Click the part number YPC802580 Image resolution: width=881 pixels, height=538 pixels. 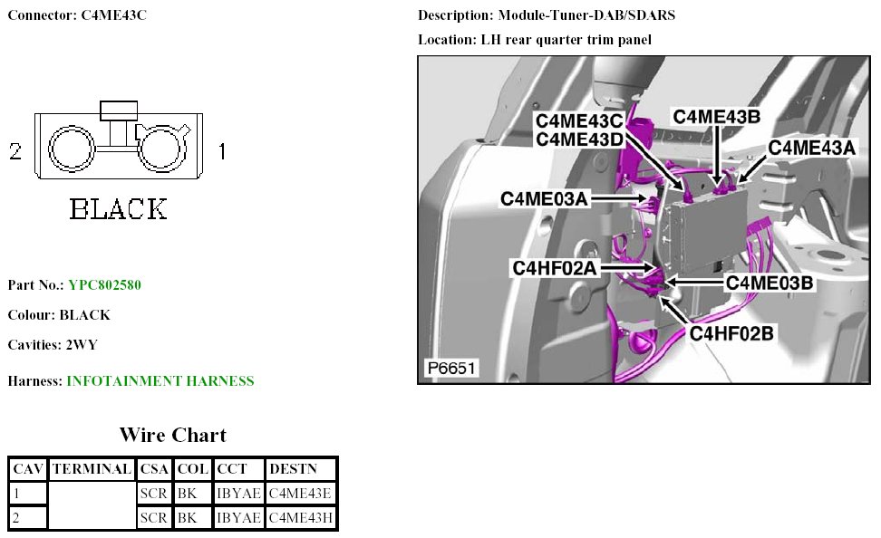pos(104,285)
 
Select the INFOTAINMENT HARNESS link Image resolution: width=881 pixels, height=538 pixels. pos(160,381)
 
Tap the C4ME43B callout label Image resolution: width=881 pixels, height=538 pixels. pos(716,117)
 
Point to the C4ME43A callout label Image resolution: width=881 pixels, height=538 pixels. pos(811,148)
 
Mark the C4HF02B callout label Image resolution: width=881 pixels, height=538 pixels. pos(731,333)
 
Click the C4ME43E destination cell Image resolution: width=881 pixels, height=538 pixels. pos(302,494)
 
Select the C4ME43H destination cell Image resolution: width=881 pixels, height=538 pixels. pos(302,517)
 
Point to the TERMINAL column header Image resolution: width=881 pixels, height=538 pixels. pos(92,469)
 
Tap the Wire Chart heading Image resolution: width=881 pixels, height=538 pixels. pos(172,435)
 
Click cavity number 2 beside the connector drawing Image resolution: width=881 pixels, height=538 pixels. pos(15,152)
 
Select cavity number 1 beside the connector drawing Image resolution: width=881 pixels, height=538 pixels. pos(221,151)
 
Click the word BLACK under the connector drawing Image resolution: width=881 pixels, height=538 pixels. pos(119,210)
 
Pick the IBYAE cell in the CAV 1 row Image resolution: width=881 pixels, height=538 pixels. pos(239,494)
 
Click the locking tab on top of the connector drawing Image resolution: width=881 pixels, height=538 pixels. pos(118,110)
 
